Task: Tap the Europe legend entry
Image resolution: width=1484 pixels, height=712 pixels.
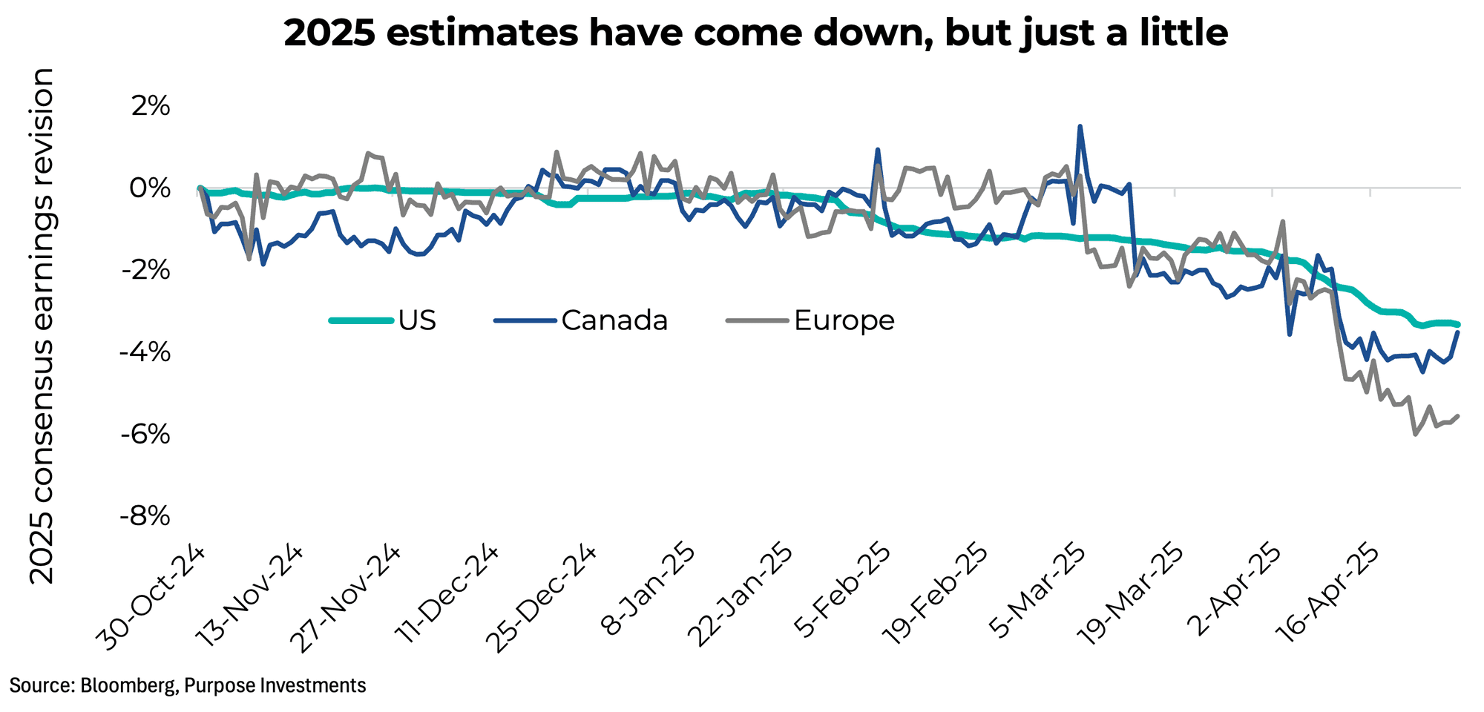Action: [812, 320]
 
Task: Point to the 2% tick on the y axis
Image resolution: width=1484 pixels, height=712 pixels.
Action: [151, 107]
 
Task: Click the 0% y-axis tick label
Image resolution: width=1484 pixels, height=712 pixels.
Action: [151, 188]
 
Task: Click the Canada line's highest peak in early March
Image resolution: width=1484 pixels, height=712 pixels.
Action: [1080, 126]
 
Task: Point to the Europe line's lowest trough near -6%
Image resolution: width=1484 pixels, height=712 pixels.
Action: [1415, 435]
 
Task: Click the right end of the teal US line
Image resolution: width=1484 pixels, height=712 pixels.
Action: [1458, 324]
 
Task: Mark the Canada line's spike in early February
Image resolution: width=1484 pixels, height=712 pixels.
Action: [878, 149]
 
